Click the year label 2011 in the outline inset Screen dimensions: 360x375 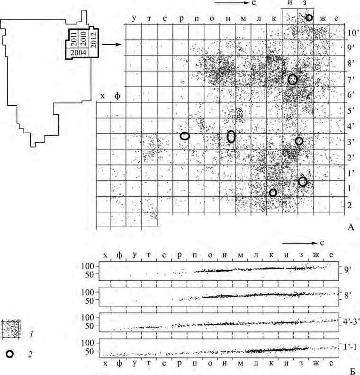(73, 38)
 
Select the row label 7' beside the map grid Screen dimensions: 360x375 (351, 79)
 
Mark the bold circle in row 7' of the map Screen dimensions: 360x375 (293, 80)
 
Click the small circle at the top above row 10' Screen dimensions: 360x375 (309, 18)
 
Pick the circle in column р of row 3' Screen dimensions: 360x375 (185, 136)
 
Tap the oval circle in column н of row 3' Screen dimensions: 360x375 (231, 137)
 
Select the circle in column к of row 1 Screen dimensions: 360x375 (272, 192)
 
